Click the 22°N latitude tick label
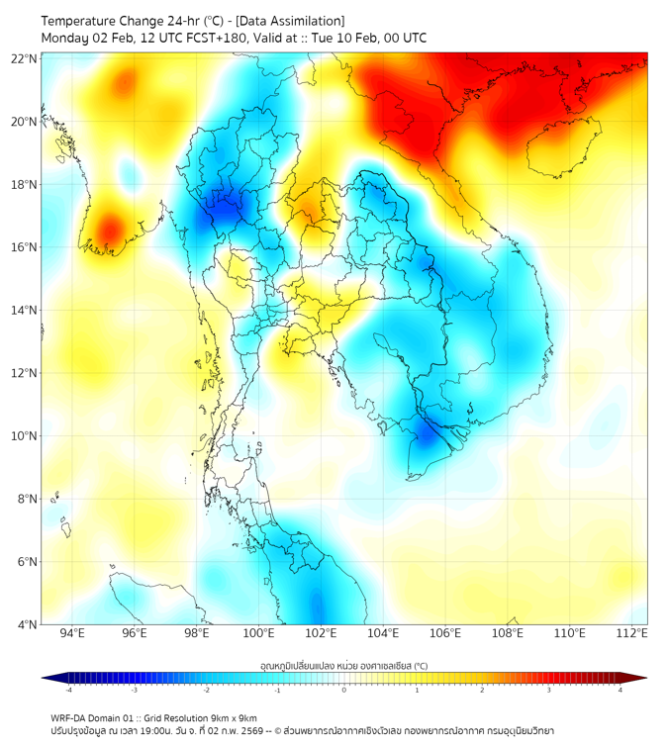coord(24,58)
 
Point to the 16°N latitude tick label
coord(24,247)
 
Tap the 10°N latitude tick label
coord(24,436)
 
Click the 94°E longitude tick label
coord(71,634)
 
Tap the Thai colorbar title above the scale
coord(343,666)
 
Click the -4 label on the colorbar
coord(68,690)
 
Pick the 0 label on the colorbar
coord(344,690)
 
